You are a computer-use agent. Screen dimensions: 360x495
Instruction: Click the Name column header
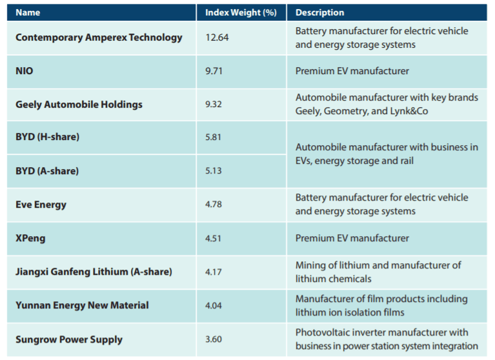(28, 12)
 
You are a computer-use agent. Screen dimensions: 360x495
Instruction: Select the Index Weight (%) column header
(241, 12)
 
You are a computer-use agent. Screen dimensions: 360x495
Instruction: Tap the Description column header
(319, 12)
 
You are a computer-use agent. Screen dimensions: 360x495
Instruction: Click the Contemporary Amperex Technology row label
(99, 37)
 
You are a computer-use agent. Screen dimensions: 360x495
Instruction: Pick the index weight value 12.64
(217, 37)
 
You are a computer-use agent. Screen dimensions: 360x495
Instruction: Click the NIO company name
(25, 71)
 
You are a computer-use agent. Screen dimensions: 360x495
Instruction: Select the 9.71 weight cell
(214, 71)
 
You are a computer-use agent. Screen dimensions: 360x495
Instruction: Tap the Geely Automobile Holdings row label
(79, 105)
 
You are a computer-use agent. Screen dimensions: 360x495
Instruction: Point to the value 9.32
(214, 105)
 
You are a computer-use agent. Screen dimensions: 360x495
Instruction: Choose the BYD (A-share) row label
(47, 171)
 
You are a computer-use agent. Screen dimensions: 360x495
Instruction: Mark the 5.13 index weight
(214, 171)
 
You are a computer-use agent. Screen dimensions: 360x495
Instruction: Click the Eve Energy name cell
(41, 205)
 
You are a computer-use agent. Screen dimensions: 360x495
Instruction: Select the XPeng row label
(30, 238)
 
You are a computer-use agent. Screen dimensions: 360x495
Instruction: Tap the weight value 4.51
(214, 238)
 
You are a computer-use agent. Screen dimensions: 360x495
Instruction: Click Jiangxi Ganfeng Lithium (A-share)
(94, 272)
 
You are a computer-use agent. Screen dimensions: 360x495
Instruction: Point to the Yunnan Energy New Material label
(82, 305)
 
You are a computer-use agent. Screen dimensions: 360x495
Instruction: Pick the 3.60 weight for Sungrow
(214, 339)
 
